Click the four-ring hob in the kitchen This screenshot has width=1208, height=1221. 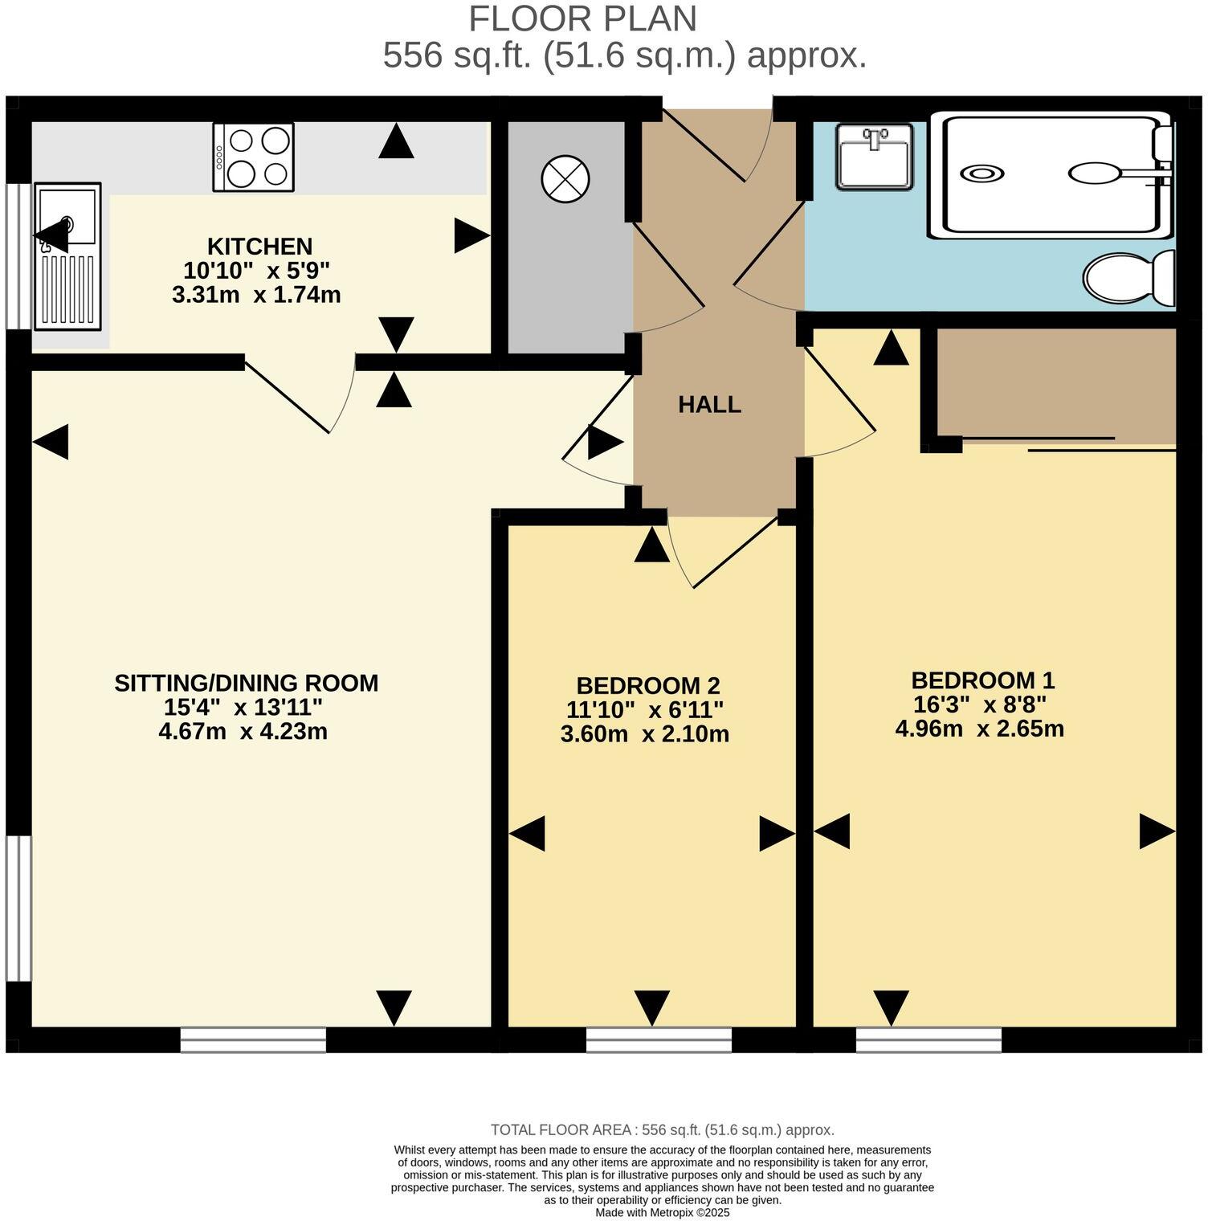tap(253, 157)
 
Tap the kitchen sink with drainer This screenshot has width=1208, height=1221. tap(67, 255)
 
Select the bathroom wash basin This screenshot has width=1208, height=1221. tap(874, 157)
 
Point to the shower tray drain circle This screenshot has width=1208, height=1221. tap(982, 174)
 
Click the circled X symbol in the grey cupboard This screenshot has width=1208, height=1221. tap(565, 178)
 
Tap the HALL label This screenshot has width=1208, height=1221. tap(709, 404)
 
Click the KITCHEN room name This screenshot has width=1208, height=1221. tap(259, 246)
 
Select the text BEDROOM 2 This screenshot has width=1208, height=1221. tap(647, 686)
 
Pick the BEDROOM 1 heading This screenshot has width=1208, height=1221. tap(982, 680)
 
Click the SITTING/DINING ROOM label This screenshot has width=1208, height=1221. tap(246, 683)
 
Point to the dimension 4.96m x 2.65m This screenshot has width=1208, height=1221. tap(979, 729)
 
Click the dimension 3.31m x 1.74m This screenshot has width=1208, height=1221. tap(256, 295)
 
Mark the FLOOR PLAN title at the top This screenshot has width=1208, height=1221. tap(582, 18)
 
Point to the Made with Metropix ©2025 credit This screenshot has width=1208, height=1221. tap(662, 1212)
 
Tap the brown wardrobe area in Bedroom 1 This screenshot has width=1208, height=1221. tap(1056, 383)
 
